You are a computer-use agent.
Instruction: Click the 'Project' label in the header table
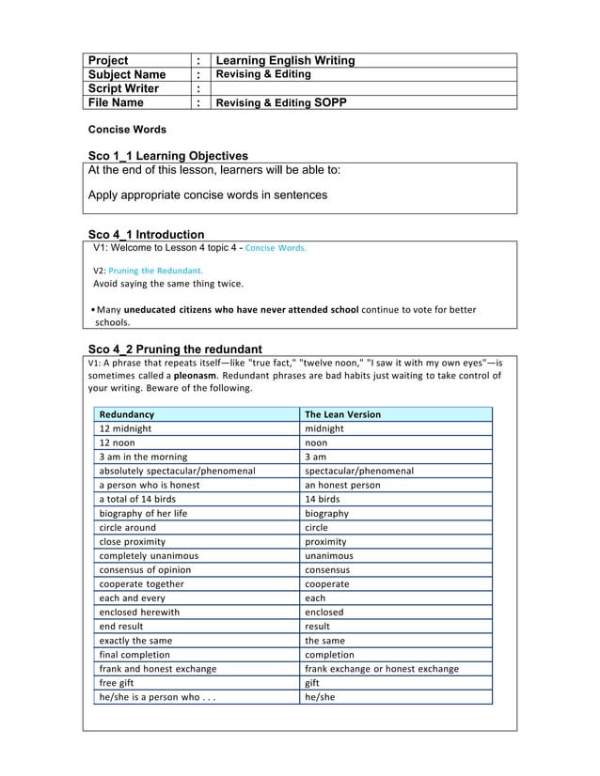[x=107, y=60]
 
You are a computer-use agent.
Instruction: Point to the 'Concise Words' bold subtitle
[x=127, y=129]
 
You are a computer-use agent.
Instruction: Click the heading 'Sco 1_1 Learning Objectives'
[x=167, y=155]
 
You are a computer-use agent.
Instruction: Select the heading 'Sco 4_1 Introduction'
[x=146, y=234]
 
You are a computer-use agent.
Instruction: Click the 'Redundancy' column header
[x=127, y=414]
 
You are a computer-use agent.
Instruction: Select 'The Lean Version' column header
[x=343, y=414]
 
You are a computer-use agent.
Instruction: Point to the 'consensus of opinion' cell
[x=145, y=569]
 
